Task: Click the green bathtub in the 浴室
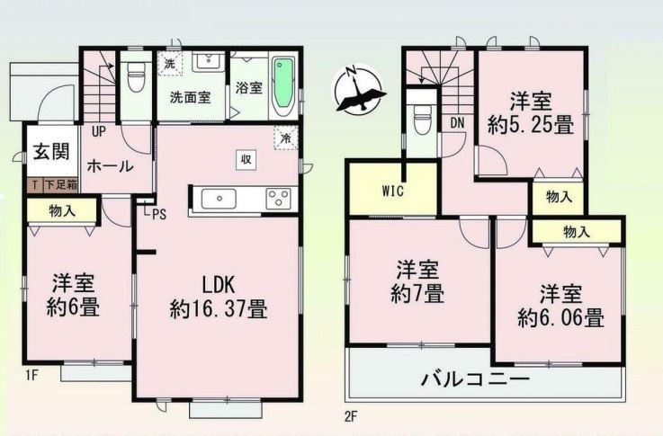click(284, 87)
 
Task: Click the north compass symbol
click(359, 90)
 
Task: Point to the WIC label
click(393, 191)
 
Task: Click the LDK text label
click(219, 286)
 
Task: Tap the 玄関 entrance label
click(51, 152)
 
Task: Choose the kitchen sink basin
click(219, 199)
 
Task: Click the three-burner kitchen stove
click(278, 199)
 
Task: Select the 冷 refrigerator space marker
click(285, 138)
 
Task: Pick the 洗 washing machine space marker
click(170, 64)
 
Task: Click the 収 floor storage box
click(246, 160)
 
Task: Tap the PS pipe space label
click(159, 215)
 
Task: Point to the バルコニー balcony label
click(474, 378)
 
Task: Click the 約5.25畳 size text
click(531, 125)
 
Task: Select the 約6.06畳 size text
click(560, 318)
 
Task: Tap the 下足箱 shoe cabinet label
click(60, 184)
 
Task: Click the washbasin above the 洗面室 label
click(209, 62)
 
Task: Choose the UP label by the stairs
click(99, 132)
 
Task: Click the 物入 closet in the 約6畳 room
click(62, 211)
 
